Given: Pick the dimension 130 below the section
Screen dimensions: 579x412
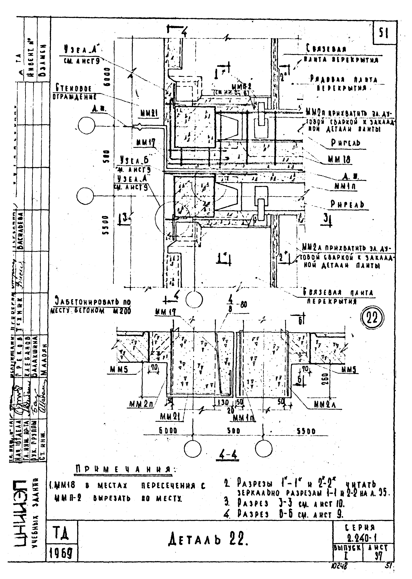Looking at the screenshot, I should pos(223,403).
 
